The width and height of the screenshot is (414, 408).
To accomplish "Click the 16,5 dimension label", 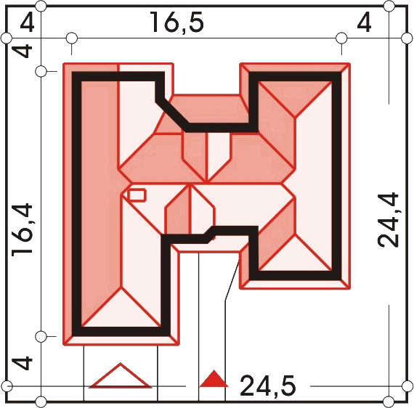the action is coord(177,23).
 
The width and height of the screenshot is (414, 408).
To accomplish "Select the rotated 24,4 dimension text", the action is coord(388,221).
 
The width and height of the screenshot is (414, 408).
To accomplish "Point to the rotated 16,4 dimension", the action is coord(23,229).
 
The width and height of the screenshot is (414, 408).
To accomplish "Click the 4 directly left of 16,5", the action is coord(27,23).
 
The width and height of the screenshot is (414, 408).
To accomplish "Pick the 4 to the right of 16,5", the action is coord(364,23).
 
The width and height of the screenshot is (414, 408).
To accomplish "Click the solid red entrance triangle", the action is coord(214,379).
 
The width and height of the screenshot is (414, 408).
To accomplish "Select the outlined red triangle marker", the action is coord(121,376).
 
